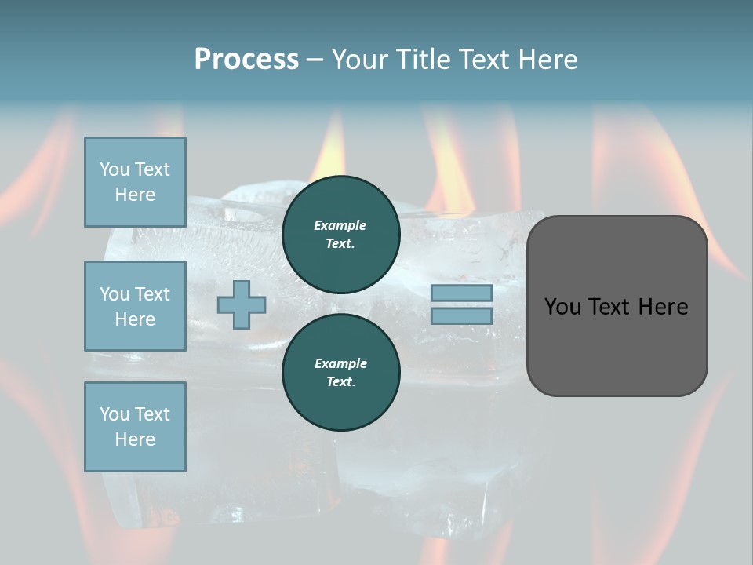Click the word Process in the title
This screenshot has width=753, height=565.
click(x=246, y=60)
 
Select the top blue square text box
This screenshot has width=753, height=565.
click(x=135, y=182)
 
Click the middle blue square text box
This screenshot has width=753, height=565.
click(x=135, y=306)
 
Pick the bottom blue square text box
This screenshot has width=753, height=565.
click(x=135, y=427)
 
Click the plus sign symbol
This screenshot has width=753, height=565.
click(x=242, y=304)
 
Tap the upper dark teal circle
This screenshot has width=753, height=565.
click(x=341, y=235)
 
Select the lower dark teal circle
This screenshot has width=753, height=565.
click(x=341, y=373)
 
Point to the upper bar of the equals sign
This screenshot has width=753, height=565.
click(x=461, y=293)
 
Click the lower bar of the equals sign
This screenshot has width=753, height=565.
click(x=461, y=316)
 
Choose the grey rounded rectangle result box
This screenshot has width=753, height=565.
click(x=617, y=305)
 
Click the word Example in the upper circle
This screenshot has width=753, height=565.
click(x=340, y=225)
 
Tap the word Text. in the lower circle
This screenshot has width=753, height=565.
click(x=341, y=382)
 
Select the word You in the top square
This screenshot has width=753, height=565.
click(x=115, y=169)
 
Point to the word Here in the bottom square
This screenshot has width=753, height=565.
click(x=135, y=439)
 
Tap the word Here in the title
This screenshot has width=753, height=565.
click(x=546, y=60)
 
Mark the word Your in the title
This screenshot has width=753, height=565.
click(x=361, y=60)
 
